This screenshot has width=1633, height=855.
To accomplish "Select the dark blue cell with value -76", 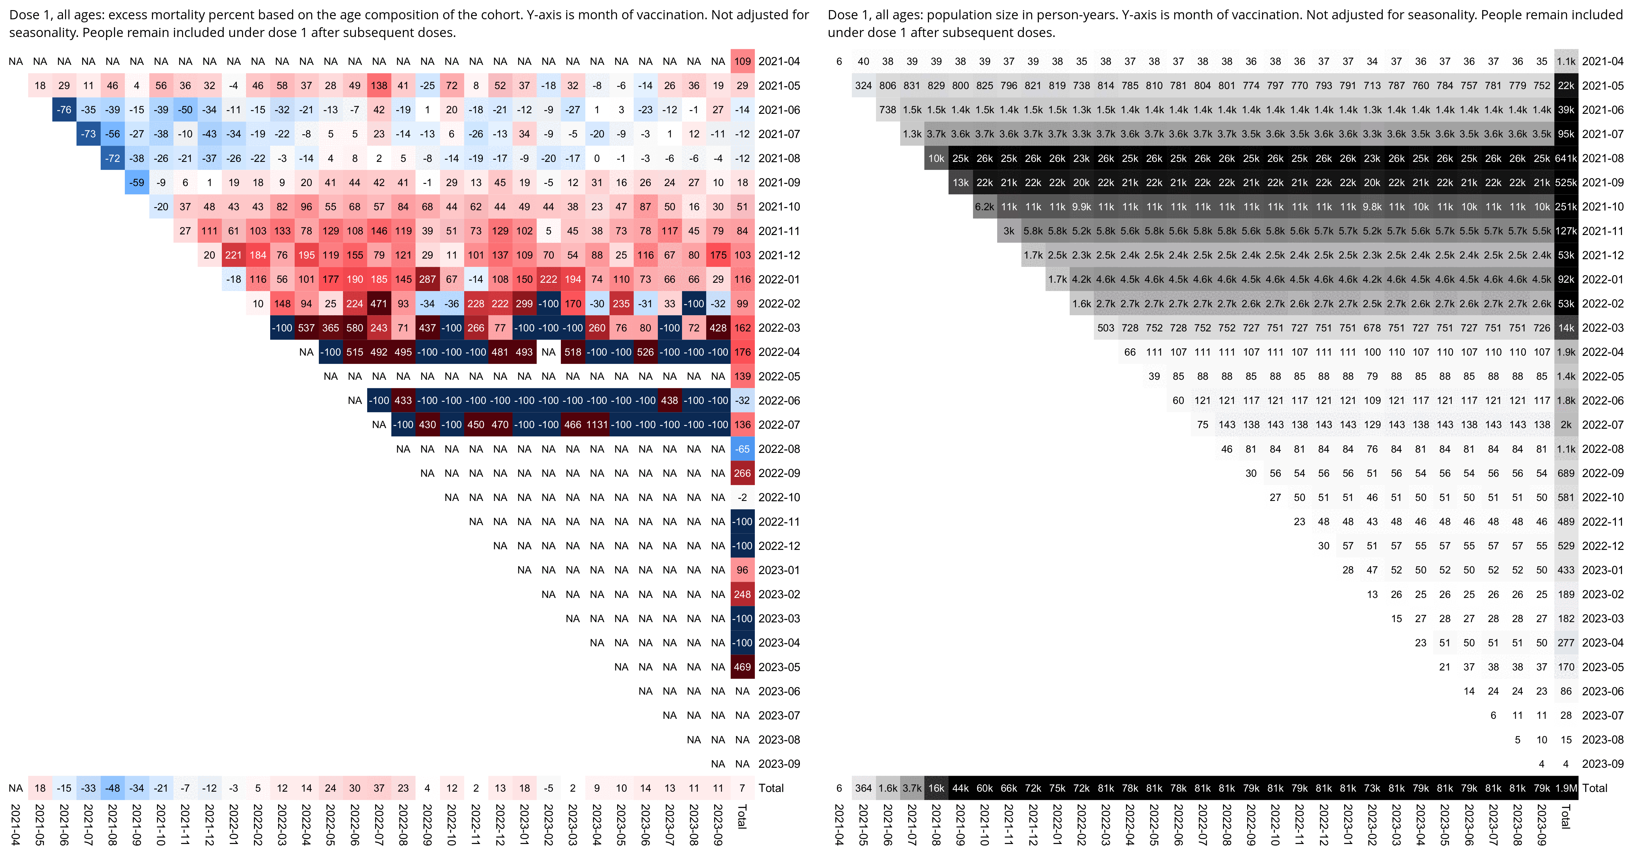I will (x=64, y=110).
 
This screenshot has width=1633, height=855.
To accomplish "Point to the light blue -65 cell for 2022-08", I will (x=742, y=449).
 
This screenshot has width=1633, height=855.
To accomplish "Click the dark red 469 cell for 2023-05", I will (x=742, y=667).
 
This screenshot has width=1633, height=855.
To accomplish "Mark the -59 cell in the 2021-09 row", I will (x=137, y=182).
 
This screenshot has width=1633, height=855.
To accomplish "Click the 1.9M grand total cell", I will (x=1566, y=788).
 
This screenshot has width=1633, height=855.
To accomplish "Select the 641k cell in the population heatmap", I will (x=1566, y=159).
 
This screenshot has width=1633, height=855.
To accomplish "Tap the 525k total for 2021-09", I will (x=1566, y=182).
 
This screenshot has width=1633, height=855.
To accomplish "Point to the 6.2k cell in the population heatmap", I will (x=985, y=207).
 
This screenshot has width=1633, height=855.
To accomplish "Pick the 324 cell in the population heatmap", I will (x=863, y=86).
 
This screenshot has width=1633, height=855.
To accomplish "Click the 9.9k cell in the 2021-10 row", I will (x=1082, y=207).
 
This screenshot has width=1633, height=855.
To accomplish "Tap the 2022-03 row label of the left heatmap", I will (x=779, y=328).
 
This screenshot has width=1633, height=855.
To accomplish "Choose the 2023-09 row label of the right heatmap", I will (x=1603, y=764).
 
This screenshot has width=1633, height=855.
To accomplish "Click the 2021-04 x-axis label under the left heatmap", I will (x=16, y=824).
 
